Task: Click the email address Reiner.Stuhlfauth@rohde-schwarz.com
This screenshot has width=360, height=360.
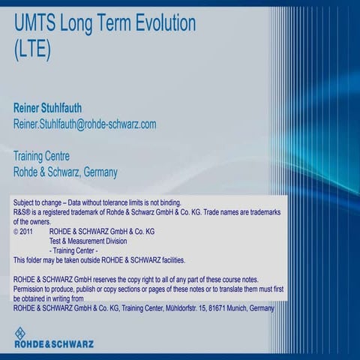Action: [x=85, y=124]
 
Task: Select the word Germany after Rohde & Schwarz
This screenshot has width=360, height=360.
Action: [x=100, y=172]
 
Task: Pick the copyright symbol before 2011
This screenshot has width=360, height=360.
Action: [x=16, y=232]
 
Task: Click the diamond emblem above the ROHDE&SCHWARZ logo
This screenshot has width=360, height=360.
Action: [x=21, y=333]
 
